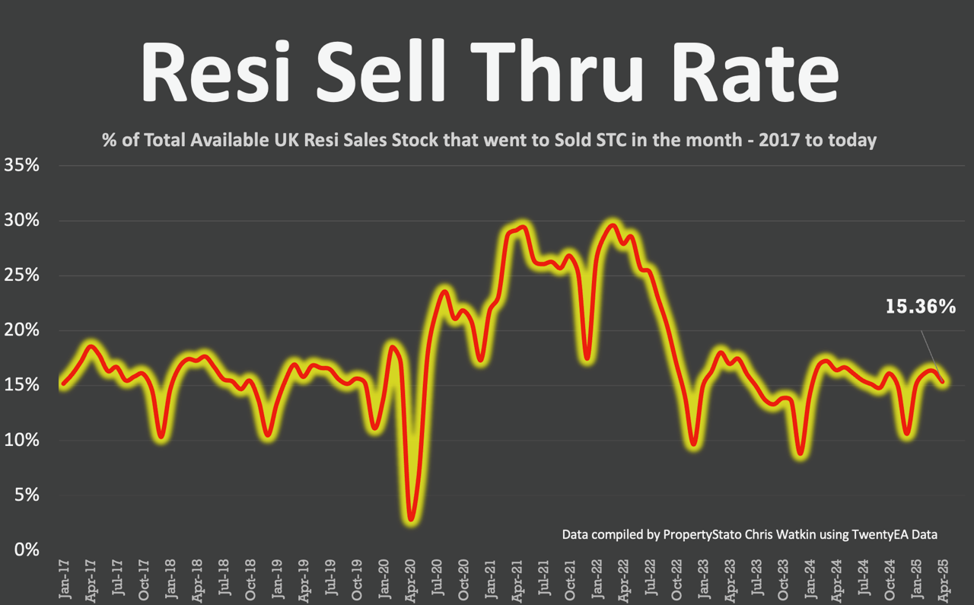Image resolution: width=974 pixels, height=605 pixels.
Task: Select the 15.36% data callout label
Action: tap(920, 307)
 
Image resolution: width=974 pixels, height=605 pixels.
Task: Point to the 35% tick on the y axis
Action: tap(22, 165)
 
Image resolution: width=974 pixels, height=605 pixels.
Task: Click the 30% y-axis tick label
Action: tap(22, 221)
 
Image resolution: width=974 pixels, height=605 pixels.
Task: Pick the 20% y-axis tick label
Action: tap(22, 330)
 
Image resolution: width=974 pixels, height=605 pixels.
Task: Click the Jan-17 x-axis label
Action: tap(64, 580)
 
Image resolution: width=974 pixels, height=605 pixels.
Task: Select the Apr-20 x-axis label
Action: tap(411, 580)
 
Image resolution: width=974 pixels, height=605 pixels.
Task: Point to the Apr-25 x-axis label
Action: tap(944, 580)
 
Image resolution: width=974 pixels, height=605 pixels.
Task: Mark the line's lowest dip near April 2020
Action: tap(412, 519)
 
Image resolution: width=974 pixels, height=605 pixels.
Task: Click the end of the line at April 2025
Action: tap(944, 381)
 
